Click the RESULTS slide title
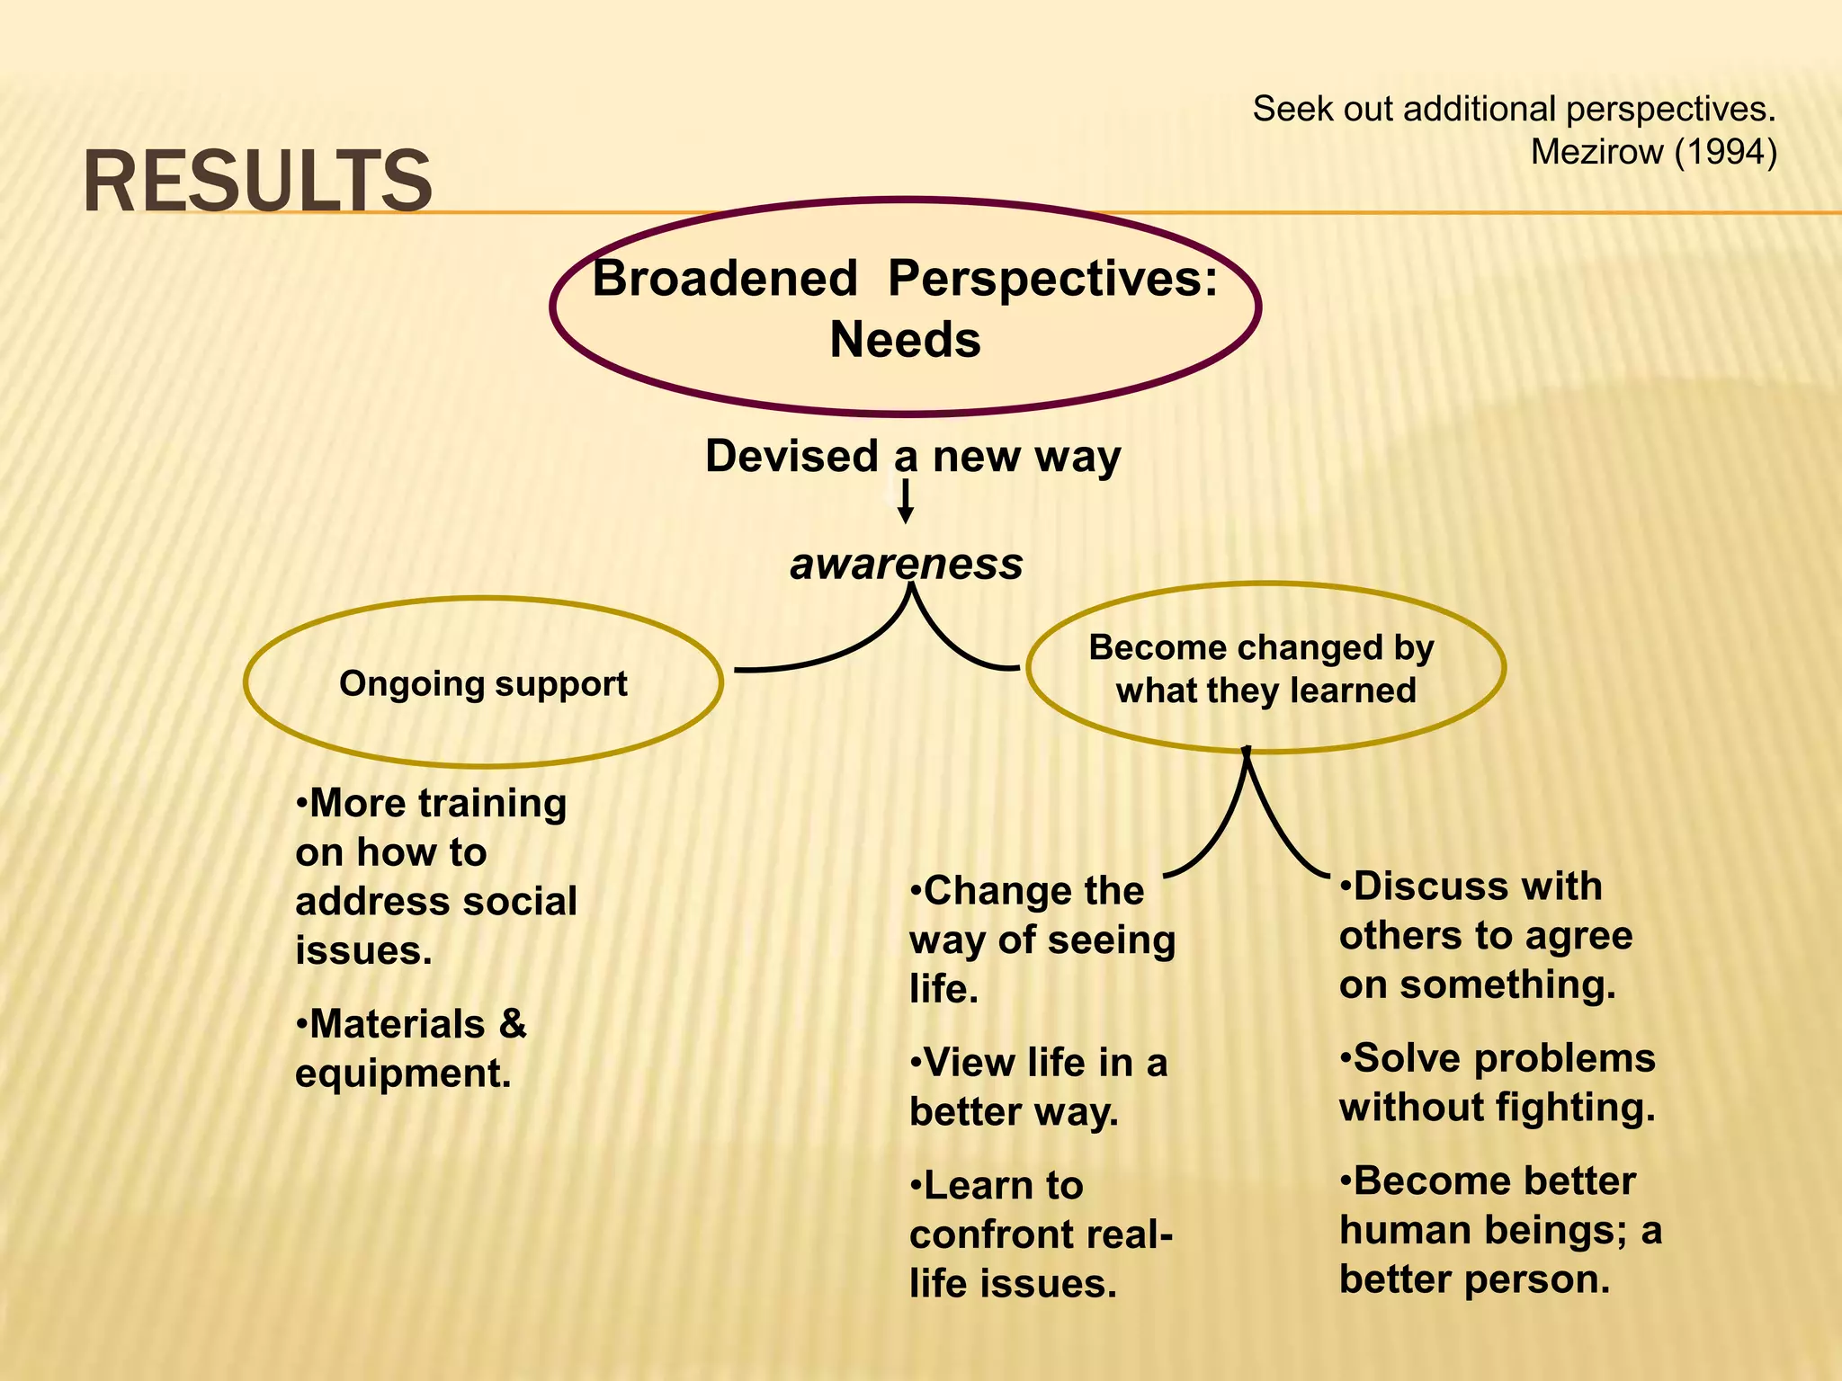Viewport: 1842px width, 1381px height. [x=257, y=183]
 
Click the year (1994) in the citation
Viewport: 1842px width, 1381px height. [x=1726, y=152]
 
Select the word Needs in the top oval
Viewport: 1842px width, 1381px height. [x=905, y=340]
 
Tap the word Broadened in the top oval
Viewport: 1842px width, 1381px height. [x=725, y=278]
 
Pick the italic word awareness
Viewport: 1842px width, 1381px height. [x=906, y=564]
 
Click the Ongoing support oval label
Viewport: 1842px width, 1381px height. [x=483, y=683]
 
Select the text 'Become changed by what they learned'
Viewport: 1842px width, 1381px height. [x=1264, y=668]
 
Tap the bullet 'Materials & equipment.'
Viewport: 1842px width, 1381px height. [x=411, y=1048]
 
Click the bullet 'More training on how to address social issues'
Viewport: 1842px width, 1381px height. [x=435, y=876]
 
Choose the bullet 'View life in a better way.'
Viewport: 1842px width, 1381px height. [x=1038, y=1086]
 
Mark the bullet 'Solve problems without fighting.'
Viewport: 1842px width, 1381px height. [x=1497, y=1082]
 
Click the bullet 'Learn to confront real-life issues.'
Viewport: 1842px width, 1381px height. [x=1041, y=1234]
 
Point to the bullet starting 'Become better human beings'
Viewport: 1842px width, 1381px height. [x=1499, y=1229]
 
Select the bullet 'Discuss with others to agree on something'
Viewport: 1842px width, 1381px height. [x=1485, y=935]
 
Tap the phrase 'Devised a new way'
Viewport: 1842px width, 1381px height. [x=912, y=456]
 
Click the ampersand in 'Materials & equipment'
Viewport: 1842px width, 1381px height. [x=513, y=1024]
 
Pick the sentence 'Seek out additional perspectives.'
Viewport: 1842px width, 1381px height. [x=1514, y=109]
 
